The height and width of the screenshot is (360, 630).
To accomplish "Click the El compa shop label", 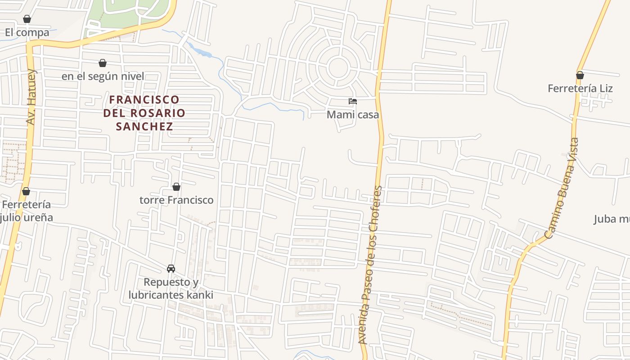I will [27, 32].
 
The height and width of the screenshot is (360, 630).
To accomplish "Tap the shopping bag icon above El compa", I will [27, 19].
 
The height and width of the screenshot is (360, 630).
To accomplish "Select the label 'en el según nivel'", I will [103, 76].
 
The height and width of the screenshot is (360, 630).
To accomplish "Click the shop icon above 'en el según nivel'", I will [103, 63].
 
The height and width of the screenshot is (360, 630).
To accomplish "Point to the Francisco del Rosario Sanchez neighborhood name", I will [144, 112].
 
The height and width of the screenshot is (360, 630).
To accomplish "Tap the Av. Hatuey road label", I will [31, 97].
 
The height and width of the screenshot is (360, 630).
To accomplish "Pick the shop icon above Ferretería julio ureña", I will [26, 191].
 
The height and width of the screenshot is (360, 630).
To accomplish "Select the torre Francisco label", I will [176, 200].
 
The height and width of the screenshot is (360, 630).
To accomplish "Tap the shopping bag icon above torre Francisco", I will [176, 186].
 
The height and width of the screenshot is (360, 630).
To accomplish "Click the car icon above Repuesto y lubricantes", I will [171, 269].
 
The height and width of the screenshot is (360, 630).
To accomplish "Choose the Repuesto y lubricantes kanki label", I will [171, 288].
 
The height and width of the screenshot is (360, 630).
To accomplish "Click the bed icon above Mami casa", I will [353, 101].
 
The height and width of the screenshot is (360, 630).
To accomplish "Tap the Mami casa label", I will [353, 115].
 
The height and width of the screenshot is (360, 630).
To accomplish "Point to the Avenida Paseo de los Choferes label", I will [370, 265].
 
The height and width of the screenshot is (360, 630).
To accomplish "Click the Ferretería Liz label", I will [580, 88].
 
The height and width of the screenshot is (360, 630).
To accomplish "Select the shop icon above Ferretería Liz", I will [580, 75].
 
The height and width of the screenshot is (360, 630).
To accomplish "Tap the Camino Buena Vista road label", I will [562, 188].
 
